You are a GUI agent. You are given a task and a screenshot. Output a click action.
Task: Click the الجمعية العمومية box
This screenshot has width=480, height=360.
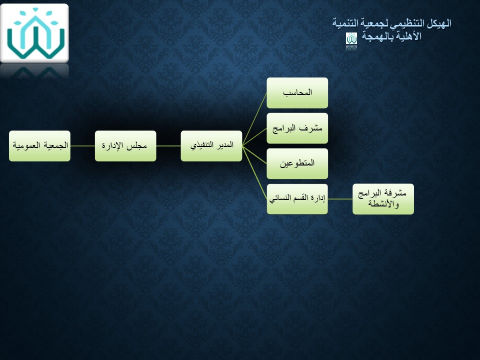[40, 146]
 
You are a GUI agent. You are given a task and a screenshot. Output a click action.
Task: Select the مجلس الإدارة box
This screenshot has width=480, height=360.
[125, 146]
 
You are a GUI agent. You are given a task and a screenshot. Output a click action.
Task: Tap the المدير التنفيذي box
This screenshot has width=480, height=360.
[211, 146]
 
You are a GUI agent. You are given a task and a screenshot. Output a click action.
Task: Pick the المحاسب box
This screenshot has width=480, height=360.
[297, 93]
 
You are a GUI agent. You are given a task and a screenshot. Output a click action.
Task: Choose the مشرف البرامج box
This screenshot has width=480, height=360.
[297, 128]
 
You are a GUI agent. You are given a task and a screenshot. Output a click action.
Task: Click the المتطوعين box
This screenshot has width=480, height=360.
[297, 164]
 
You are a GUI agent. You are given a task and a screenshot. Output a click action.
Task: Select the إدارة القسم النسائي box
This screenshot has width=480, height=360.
[297, 199]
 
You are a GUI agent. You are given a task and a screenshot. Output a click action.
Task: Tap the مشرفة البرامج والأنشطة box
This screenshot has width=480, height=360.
[383, 199]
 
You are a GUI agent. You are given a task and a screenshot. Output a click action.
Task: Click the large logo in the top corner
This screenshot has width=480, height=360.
[34, 33]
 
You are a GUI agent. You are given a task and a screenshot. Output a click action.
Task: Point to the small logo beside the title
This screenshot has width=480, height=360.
[351, 38]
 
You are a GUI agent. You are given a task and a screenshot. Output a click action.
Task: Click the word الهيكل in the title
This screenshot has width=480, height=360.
[439, 23]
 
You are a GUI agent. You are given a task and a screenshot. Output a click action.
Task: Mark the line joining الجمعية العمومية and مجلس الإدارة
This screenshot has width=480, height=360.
[82, 146]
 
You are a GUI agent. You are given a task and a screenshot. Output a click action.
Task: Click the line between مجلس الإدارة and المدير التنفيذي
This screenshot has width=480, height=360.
[168, 146]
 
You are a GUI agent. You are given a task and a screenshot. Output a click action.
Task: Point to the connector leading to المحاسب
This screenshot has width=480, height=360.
[254, 119]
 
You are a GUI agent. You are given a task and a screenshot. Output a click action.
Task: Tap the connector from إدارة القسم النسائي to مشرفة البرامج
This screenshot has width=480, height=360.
[340, 199]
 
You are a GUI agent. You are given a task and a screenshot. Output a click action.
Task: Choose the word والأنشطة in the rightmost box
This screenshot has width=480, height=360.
[383, 203]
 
